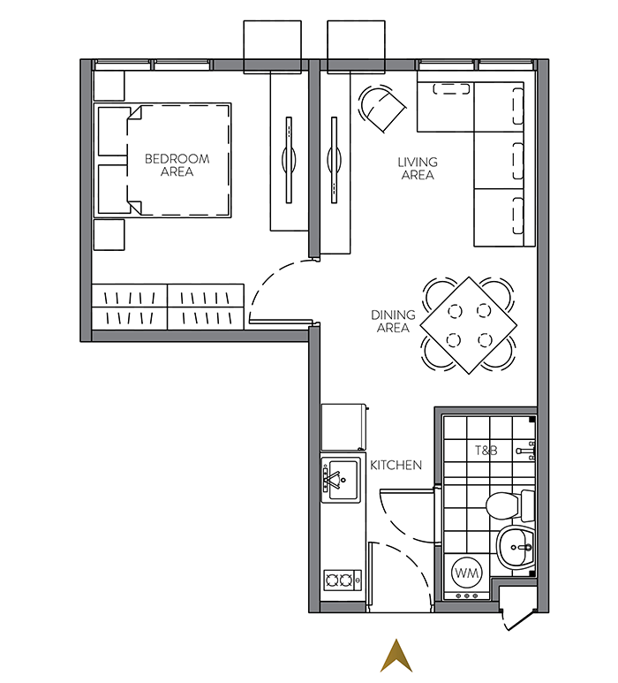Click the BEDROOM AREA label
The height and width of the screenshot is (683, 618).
[x=177, y=165]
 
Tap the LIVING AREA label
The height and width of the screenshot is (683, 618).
[x=418, y=169]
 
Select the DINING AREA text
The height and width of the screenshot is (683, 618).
[x=393, y=321]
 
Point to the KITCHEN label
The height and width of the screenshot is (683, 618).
[x=396, y=466]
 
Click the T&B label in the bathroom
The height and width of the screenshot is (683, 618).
[x=486, y=450]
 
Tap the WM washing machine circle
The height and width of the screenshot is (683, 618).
[x=466, y=573]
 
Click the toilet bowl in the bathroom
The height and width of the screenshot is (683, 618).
[x=505, y=505]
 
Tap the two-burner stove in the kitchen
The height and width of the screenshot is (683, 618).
[x=343, y=581]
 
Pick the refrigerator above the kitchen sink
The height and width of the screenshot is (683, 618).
[x=343, y=427]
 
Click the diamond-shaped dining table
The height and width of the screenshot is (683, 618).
[x=469, y=325]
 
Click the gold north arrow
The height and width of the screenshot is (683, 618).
[x=396, y=656]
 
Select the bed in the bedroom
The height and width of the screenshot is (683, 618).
[x=162, y=160]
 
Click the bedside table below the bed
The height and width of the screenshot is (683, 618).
[x=109, y=234]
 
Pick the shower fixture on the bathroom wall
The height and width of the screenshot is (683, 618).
[x=525, y=451]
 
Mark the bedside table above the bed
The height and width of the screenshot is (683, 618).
[x=109, y=86]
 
